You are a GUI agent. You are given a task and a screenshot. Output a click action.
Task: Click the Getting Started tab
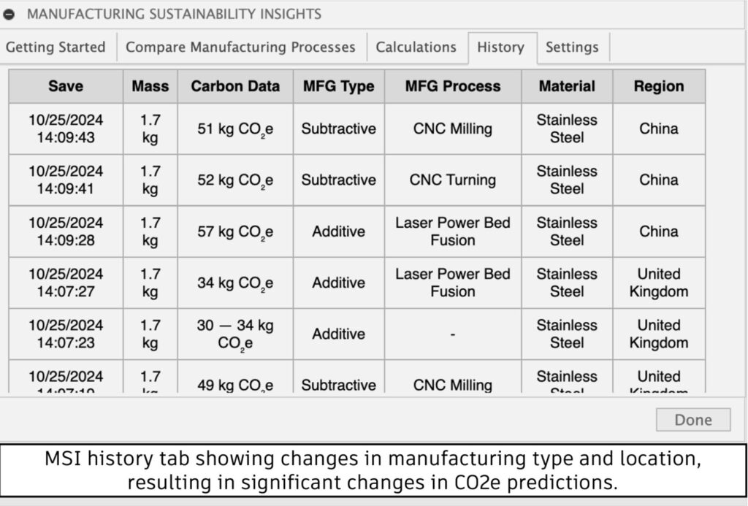point(56,47)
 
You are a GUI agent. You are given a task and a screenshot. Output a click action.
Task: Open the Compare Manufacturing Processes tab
point(240,47)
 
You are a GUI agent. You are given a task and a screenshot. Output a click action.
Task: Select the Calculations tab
point(416,47)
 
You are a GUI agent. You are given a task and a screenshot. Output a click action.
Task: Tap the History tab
point(500,47)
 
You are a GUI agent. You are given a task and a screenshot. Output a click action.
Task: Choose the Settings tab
point(572,47)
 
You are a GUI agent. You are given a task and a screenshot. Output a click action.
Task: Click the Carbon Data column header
point(235,86)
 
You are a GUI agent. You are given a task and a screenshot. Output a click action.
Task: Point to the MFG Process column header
point(453,86)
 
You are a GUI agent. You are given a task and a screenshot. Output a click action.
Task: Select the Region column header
point(659,86)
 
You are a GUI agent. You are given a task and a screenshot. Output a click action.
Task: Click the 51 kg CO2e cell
point(235,129)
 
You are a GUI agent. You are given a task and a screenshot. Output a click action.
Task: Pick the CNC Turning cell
point(453,180)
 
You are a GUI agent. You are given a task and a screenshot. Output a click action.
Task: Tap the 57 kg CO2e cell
point(235,232)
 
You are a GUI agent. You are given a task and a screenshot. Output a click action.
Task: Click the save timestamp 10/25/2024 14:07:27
point(66,283)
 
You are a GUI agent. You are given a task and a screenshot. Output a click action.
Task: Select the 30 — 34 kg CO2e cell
point(235,334)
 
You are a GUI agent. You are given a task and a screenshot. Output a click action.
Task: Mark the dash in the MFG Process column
point(453,334)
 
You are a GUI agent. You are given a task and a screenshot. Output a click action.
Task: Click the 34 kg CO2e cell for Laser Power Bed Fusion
point(235,283)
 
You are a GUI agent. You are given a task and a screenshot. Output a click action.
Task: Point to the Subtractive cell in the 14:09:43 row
point(339,129)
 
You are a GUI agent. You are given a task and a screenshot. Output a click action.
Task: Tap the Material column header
point(567,86)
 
